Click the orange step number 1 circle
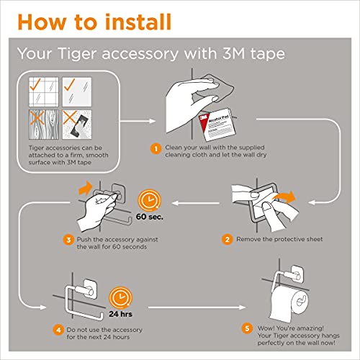[x=156, y=149]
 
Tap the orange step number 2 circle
[x=227, y=239]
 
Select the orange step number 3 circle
[x=68, y=240]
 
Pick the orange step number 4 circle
[x=58, y=330]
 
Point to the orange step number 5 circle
[x=247, y=328]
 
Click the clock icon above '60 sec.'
[x=149, y=200]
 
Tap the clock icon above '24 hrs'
[x=120, y=298]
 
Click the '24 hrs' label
[x=120, y=314]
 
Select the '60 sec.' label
[x=150, y=217]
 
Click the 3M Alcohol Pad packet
[x=217, y=125]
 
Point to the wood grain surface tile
[x=44, y=125]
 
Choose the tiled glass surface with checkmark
[x=44, y=91]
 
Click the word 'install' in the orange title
[x=138, y=22]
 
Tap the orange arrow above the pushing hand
[x=85, y=188]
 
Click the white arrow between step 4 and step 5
[x=197, y=307]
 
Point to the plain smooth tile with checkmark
[x=77, y=91]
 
